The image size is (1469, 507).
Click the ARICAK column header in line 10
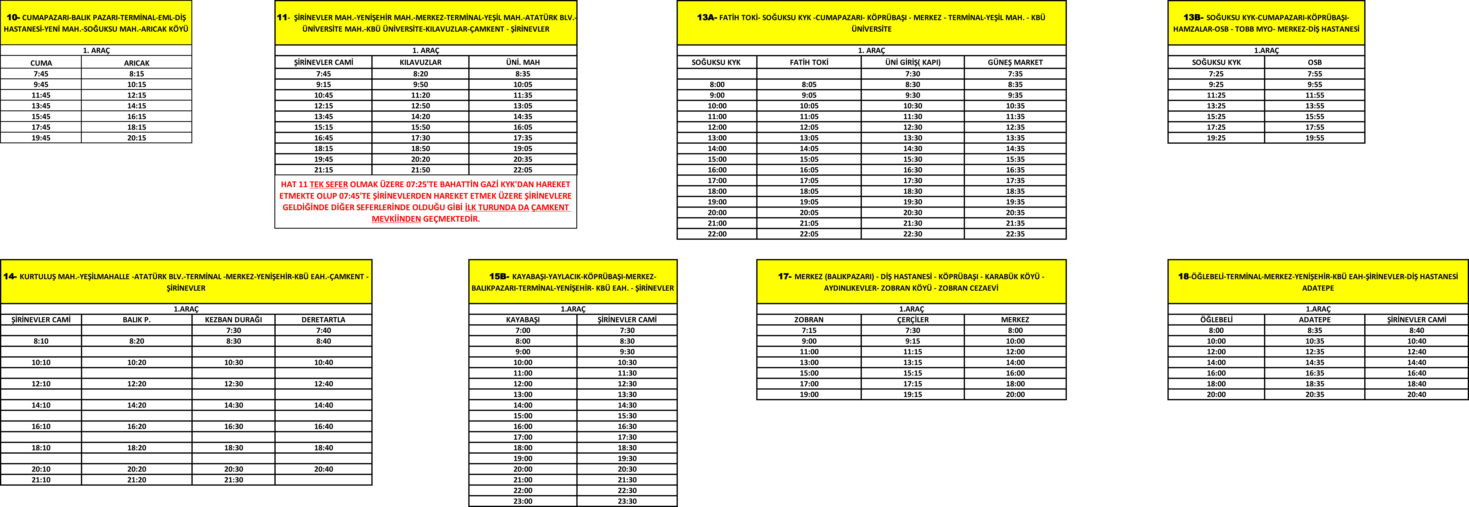coord(137,63)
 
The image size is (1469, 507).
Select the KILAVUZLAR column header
coord(420,62)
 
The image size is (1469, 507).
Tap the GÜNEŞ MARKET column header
coord(1015,62)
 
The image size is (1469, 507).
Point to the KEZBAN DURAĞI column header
coord(233,319)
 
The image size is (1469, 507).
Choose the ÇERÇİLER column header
coord(913,319)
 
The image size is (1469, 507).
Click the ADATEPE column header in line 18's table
coord(1314,319)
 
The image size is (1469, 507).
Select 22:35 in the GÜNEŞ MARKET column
coord(1015,234)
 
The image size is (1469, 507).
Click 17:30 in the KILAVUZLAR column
coord(420,138)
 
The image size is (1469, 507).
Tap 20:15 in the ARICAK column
coord(137,138)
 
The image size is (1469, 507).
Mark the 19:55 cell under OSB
coord(1314,138)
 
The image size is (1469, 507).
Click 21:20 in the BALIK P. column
coord(137,480)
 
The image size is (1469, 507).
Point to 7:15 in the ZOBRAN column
coord(809,330)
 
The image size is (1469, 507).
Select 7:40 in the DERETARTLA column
coord(323,330)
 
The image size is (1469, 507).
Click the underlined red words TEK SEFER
coord(329,184)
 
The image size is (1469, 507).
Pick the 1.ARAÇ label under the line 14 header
coord(186,309)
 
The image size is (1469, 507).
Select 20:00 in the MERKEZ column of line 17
coord(1015,394)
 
